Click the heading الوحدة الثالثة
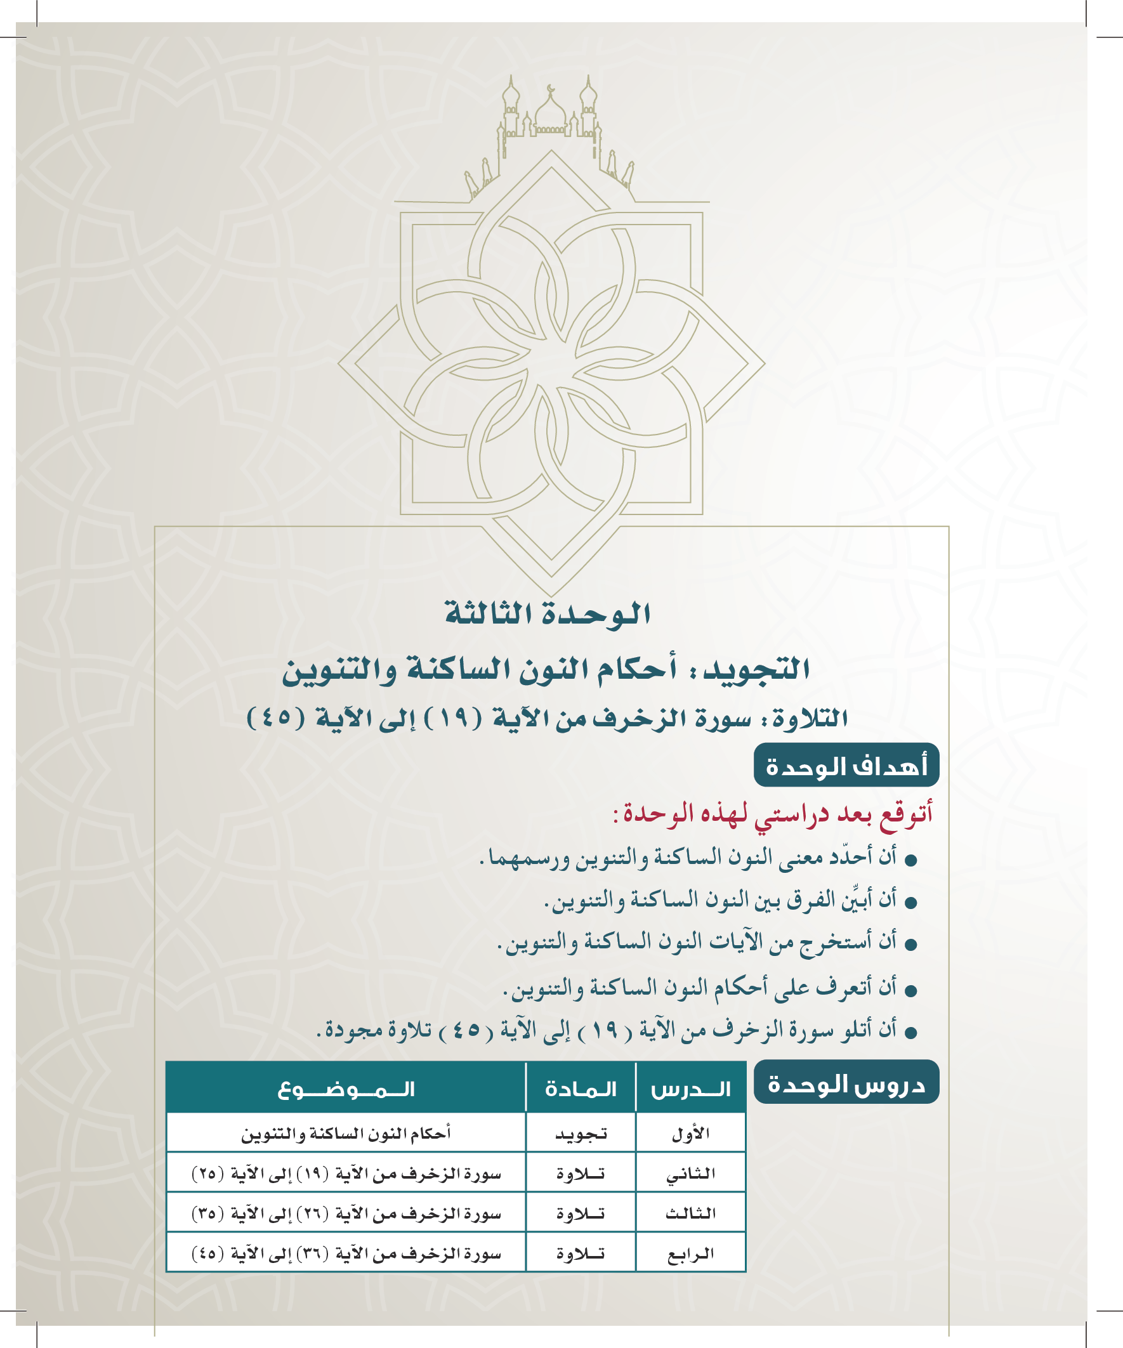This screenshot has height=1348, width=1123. click(548, 614)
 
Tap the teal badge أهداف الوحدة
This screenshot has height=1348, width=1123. click(846, 766)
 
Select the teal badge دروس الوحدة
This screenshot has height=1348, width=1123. click(846, 1085)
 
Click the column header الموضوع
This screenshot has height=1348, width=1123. click(346, 1089)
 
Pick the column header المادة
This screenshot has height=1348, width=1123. click(581, 1089)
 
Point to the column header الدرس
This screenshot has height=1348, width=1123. click(691, 1089)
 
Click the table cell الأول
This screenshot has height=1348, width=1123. click(691, 1135)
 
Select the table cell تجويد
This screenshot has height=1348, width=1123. click(581, 1135)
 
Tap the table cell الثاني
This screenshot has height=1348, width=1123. click(691, 1174)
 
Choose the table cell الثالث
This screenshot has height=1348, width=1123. click(691, 1214)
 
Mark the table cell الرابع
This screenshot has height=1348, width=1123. click(691, 1253)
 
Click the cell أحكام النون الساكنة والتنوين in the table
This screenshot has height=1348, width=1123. click(346, 1134)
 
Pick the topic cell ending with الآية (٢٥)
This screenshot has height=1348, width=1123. click(346, 1174)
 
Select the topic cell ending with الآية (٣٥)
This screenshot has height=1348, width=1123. click(346, 1214)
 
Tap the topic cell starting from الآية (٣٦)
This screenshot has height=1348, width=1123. click(346, 1253)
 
